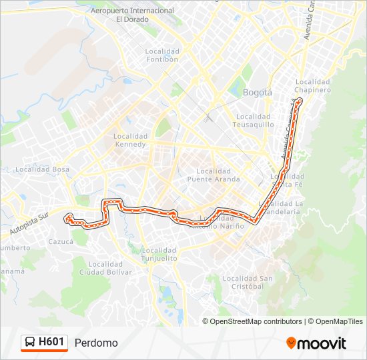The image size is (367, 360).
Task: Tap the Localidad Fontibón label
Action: (163, 55)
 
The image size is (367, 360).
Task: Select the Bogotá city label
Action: (258, 93)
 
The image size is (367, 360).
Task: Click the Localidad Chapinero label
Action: (313, 85)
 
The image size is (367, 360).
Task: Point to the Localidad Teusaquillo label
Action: (253, 121)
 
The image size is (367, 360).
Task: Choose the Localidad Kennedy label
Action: (129, 140)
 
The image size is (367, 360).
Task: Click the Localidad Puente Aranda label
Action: (209, 175)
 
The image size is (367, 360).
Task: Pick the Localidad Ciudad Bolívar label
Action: (105, 267)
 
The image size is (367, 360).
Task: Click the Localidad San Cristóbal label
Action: (248, 282)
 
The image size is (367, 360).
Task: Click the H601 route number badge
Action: (51, 342)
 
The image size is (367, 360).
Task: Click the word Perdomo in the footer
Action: (96, 343)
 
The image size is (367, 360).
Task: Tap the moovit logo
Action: (316, 343)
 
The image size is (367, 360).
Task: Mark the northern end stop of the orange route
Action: (299, 101)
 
